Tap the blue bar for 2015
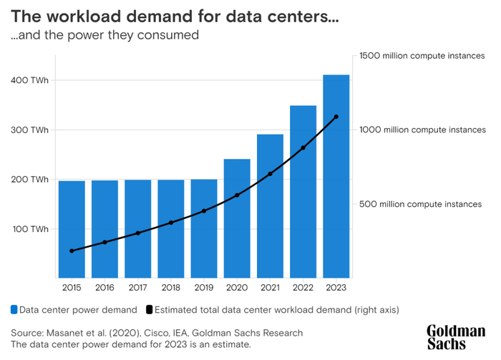(71, 228)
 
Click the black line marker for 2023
(336, 117)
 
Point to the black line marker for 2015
(71, 250)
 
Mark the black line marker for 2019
(204, 210)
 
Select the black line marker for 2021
(270, 174)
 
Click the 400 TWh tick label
(29, 80)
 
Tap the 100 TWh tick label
(29, 229)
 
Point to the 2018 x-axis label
(170, 288)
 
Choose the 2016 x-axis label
(104, 288)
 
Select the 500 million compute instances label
(422, 204)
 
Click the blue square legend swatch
(14, 310)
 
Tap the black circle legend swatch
(150, 310)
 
